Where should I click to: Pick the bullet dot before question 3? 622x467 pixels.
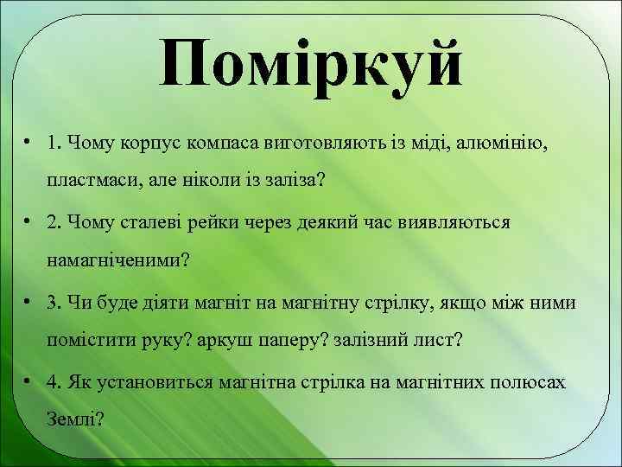pyautogui.click(x=29, y=301)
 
